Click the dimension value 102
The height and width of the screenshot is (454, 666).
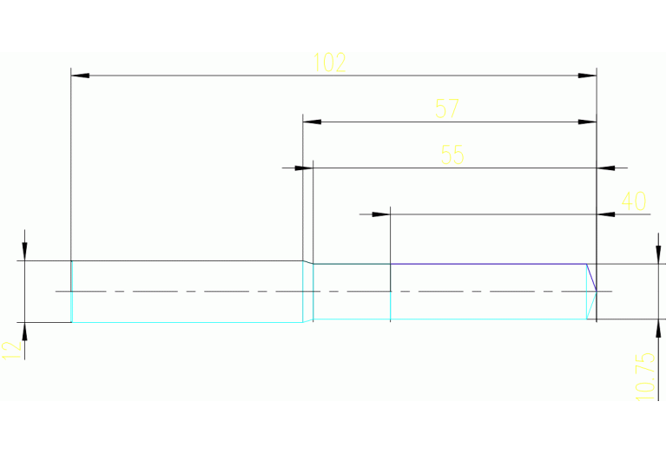click(x=329, y=63)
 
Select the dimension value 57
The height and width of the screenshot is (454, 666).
click(x=446, y=109)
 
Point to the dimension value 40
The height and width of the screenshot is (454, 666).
click(x=634, y=201)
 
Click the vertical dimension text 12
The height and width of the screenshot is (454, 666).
click(x=11, y=350)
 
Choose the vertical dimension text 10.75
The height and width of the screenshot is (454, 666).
click(x=644, y=375)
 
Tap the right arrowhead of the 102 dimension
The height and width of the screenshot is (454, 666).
click(x=588, y=76)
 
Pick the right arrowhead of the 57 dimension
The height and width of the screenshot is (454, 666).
click(x=588, y=122)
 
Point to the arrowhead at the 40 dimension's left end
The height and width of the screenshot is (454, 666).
click(x=381, y=214)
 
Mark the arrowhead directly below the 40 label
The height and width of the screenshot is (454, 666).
click(x=607, y=214)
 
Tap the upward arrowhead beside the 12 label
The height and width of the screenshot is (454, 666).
click(x=25, y=331)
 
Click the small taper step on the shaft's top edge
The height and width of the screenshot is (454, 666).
click(x=307, y=262)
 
